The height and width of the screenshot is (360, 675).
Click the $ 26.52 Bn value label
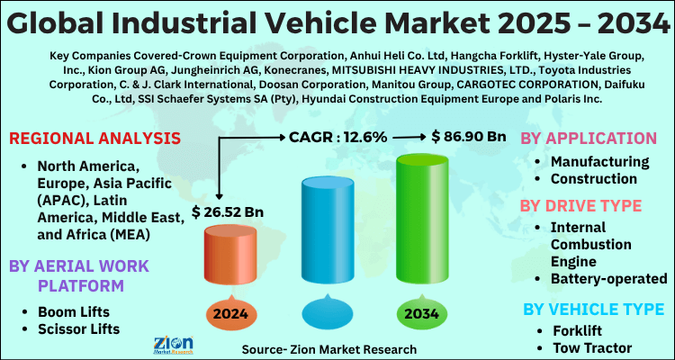(x=228, y=212)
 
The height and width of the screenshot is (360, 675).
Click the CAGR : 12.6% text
(x=338, y=137)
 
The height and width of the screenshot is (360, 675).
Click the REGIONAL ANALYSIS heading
(x=94, y=139)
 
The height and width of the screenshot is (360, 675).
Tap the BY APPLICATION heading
(x=589, y=139)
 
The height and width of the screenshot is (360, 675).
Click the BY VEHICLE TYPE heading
(x=594, y=310)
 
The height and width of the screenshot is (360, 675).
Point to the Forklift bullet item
(x=579, y=330)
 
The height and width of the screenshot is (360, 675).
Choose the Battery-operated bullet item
(x=609, y=279)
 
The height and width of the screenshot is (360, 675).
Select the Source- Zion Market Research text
(x=329, y=348)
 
